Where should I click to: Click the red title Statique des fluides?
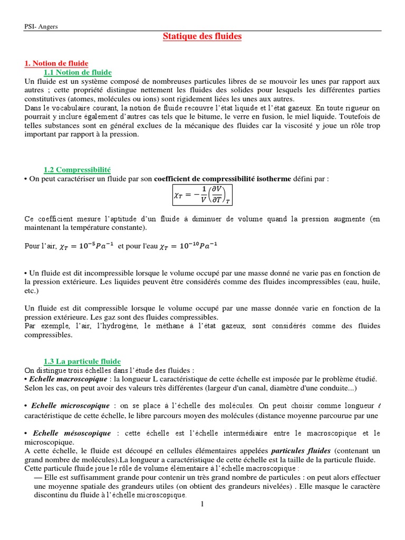coord(202,36)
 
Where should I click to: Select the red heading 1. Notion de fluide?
coord(56,63)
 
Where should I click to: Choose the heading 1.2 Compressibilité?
coord(77,170)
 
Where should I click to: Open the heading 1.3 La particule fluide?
coord(82,361)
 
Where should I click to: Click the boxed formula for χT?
coord(202,195)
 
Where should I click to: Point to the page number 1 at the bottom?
coord(201,504)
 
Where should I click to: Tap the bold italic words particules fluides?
coord(301,451)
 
